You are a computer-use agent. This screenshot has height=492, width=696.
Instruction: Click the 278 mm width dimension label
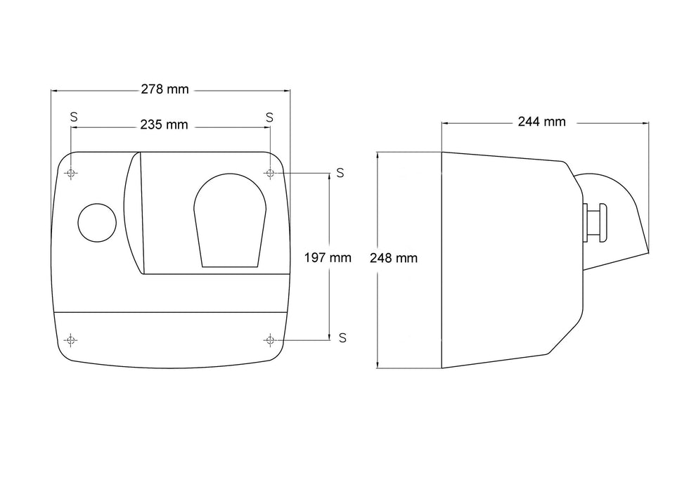(165, 90)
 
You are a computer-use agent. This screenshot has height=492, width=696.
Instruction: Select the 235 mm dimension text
(165, 125)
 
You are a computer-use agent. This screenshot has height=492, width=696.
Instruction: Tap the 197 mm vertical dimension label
(328, 258)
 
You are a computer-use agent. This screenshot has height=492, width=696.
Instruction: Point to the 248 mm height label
(394, 258)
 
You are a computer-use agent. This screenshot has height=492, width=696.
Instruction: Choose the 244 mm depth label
(541, 122)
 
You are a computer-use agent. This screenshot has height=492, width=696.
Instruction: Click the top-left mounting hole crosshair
(71, 173)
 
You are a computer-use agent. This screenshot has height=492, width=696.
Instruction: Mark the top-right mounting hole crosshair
(270, 173)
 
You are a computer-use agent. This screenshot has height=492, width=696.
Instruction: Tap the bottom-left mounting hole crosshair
(70, 340)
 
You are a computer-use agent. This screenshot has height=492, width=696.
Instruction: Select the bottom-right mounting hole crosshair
(269, 340)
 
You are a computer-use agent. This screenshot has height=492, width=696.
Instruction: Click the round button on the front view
(97, 223)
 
